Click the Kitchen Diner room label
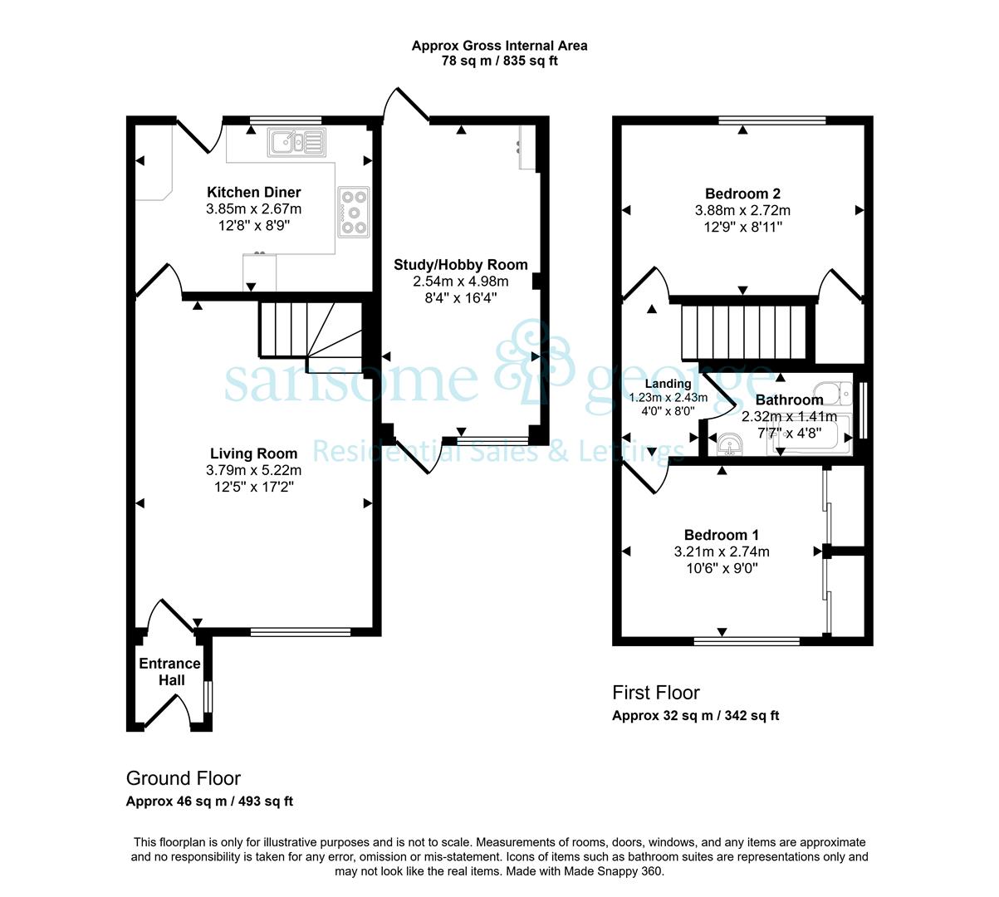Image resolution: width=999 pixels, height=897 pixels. click(x=253, y=192)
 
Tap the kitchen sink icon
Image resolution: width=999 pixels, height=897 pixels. click(x=296, y=142)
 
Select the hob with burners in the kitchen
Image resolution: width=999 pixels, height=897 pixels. click(x=354, y=212)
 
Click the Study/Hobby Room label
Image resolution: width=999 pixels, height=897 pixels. click(x=460, y=265)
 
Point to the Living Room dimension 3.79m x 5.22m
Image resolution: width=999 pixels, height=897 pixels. click(x=253, y=470)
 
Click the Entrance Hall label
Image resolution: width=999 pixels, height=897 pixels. click(x=170, y=672)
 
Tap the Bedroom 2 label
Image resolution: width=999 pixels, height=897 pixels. click(x=742, y=194)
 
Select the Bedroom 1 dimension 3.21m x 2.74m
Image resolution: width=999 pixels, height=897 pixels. click(x=722, y=551)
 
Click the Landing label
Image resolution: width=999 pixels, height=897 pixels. click(x=668, y=384)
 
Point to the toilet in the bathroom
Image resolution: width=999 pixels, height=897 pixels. click(x=834, y=393)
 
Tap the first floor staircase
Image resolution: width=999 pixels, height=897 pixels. click(x=744, y=332)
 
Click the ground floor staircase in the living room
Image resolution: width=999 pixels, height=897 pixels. click(x=311, y=338)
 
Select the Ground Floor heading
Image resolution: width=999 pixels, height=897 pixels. click(x=184, y=778)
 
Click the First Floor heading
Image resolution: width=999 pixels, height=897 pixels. click(x=656, y=693)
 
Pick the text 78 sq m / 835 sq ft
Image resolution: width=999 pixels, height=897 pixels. click(x=500, y=61)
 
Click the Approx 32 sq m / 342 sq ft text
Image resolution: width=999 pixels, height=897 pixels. click(x=695, y=716)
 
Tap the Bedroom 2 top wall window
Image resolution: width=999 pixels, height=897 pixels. click(x=772, y=120)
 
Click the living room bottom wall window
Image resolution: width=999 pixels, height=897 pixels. click(x=301, y=632)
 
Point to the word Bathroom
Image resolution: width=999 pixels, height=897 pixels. click(x=789, y=399)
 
